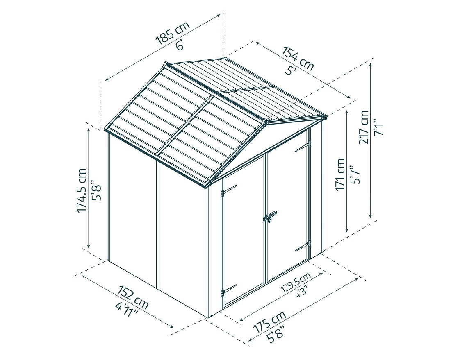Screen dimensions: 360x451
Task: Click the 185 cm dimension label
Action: pos(173,32)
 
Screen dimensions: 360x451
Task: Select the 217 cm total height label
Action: pos(364,127)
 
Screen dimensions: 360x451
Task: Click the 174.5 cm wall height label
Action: pos(82,190)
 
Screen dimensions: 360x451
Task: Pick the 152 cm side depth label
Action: pos(133,297)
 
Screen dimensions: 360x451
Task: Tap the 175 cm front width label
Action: pos(269,322)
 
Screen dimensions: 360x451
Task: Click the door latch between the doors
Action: pos(270,217)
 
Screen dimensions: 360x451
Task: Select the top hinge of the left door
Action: pos(229,190)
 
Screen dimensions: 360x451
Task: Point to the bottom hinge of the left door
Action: pos(228,290)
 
